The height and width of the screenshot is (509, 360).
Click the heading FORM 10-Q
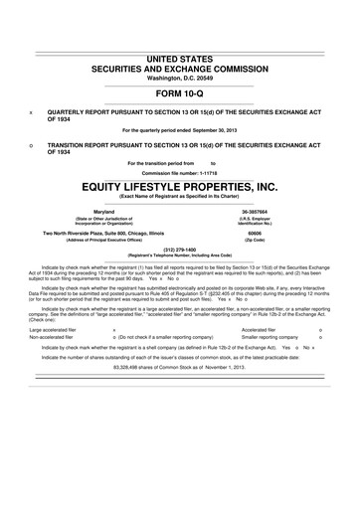180,94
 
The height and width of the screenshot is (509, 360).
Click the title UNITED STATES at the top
180,61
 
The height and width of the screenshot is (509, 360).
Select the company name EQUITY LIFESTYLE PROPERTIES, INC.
180,185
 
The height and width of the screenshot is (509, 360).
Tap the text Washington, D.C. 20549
180,82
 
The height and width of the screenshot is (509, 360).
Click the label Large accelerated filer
58,328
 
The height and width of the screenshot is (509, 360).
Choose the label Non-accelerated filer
56,337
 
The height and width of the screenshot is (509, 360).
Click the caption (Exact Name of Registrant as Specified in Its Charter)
180,197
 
